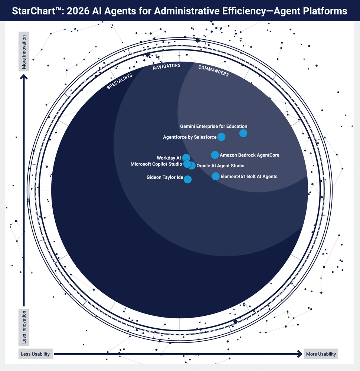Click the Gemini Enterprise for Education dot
click(243, 133)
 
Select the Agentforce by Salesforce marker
click(221, 137)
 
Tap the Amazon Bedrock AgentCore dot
click(215, 155)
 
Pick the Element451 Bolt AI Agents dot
click(215, 176)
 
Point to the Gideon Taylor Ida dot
click(188, 179)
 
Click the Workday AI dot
click(186, 157)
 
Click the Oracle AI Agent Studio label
click(220, 165)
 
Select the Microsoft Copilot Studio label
click(156, 164)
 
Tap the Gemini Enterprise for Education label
click(213, 127)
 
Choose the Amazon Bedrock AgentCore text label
click(249, 155)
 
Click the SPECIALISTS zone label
click(120, 81)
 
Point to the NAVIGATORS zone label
click(167, 66)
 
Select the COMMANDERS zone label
click(213, 71)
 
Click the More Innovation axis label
click(24, 52)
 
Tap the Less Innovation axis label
click(24, 327)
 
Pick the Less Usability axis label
click(35, 354)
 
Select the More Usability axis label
click(321, 354)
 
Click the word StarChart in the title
click(34, 11)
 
